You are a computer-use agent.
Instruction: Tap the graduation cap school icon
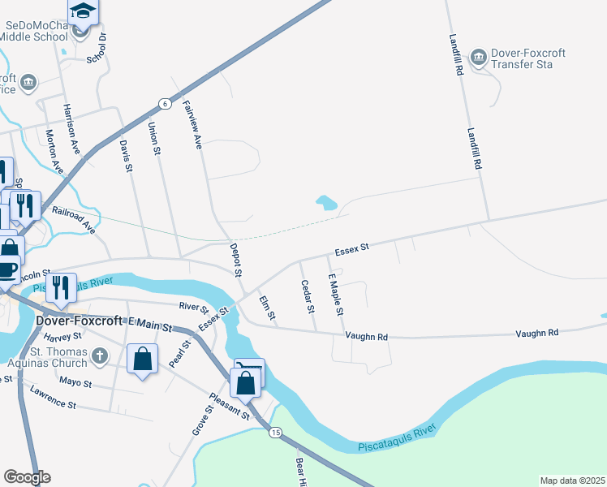pos(82,11)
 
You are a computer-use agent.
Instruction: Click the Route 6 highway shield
pos(164,103)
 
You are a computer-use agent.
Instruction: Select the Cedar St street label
pos(307,297)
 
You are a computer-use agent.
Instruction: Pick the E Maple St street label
pos(335,295)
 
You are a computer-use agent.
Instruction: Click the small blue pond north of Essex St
pos(326,203)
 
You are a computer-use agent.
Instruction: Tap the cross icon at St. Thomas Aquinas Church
pos(99,356)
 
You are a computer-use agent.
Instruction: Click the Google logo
pos(27,477)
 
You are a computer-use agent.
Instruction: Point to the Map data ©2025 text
pos(571,481)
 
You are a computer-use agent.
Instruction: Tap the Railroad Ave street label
pos(73,220)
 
